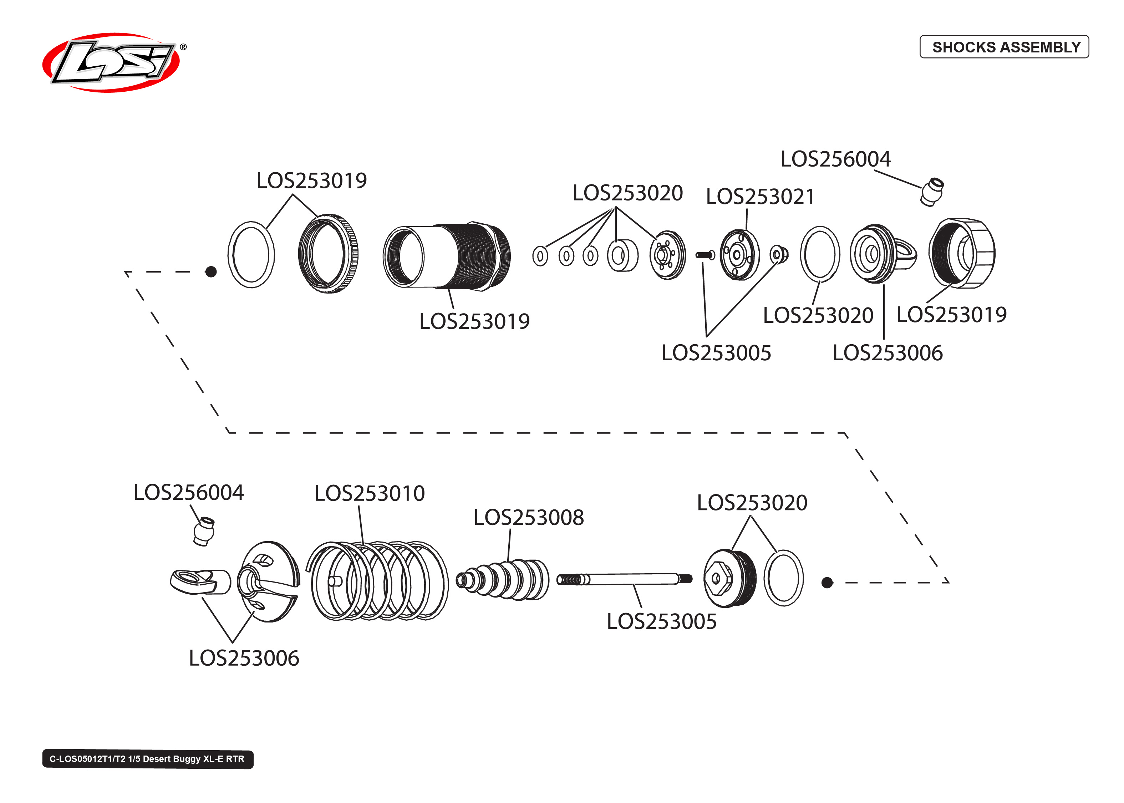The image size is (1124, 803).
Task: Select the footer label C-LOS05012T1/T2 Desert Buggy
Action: coord(147,759)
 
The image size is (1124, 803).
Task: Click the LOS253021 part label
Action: coord(760,197)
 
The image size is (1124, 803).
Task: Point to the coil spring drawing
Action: coord(378,581)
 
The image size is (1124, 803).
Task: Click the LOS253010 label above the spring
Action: coord(369,493)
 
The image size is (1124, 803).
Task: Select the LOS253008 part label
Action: coord(528,518)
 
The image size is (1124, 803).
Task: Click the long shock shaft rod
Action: coord(625,579)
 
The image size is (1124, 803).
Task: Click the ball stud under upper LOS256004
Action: coord(932,192)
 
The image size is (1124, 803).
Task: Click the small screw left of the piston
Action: coord(705,255)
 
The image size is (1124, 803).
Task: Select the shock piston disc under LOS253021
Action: coord(739,255)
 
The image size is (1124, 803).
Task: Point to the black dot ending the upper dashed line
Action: coord(211,271)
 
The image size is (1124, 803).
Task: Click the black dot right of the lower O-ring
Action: coord(827,583)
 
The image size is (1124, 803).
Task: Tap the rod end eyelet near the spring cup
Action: coord(200,581)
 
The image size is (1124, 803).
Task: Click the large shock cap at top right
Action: coord(962,253)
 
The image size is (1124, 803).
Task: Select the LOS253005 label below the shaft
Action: coord(661,621)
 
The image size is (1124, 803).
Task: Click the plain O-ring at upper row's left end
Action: coord(251,255)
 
